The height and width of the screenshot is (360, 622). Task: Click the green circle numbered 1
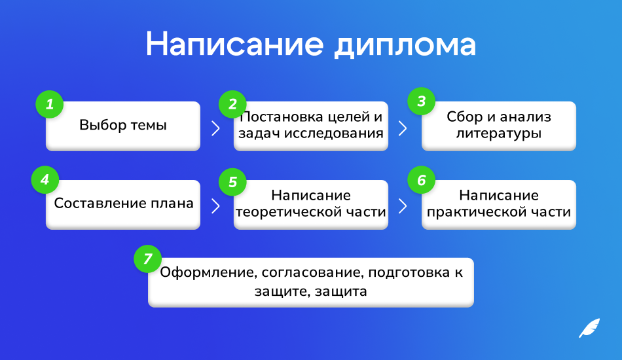(x=50, y=104)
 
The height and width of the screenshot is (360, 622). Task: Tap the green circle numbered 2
(x=232, y=104)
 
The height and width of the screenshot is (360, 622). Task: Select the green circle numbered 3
(x=421, y=101)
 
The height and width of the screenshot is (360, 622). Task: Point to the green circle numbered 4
(x=45, y=179)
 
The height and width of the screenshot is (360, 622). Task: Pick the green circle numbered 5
(x=232, y=182)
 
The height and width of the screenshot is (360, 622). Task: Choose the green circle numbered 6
(x=421, y=180)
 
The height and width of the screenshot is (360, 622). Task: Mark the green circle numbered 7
(x=147, y=259)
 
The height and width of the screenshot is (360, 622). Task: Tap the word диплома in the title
(x=405, y=46)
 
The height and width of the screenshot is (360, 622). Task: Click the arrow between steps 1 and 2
(x=216, y=128)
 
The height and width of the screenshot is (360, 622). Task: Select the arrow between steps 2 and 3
(x=403, y=128)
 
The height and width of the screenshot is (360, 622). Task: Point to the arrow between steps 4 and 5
(x=216, y=206)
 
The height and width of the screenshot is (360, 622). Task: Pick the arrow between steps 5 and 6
(x=403, y=206)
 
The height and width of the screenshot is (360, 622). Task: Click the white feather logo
(x=589, y=328)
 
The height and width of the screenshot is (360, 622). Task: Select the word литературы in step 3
(x=499, y=134)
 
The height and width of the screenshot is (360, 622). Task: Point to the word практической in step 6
(x=477, y=212)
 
